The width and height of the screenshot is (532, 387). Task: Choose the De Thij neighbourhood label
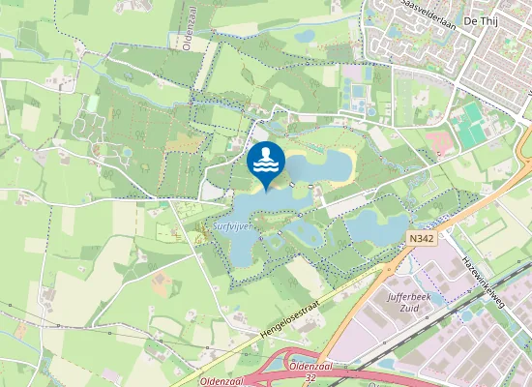pos(481,18)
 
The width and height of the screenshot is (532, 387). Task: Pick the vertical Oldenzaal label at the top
pos(189,26)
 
